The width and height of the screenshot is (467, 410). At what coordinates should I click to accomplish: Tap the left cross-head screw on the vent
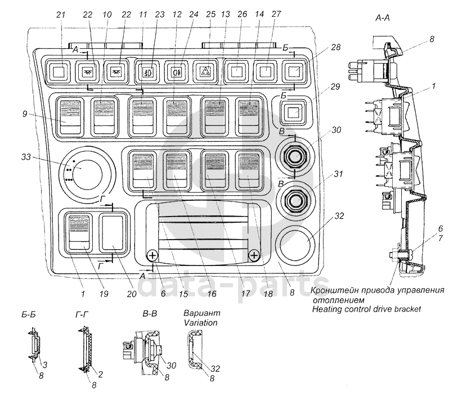[152, 255]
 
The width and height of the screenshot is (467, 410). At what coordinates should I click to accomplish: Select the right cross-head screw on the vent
[254, 255]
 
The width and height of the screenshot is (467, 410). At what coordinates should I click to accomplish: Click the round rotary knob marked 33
[87, 174]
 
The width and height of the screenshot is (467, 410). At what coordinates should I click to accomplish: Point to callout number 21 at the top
[60, 14]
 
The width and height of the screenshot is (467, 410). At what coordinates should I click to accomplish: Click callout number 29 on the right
[335, 87]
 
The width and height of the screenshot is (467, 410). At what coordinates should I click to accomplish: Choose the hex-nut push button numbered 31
[295, 199]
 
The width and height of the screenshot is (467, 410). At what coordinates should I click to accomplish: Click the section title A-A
[383, 19]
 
